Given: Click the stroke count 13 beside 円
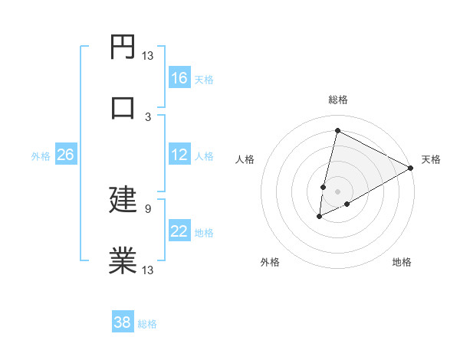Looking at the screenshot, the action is click(x=147, y=56).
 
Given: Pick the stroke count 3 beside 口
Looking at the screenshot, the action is click(x=148, y=116).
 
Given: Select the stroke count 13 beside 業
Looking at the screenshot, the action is click(x=147, y=269).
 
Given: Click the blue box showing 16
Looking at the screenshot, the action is click(x=179, y=78).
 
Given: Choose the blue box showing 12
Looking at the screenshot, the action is click(x=179, y=155).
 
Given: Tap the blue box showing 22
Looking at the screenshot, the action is click(x=179, y=232).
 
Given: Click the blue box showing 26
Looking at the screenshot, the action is click(x=65, y=155).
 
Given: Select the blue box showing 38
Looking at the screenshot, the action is click(x=123, y=322).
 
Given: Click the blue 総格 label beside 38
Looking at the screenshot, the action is click(x=147, y=324).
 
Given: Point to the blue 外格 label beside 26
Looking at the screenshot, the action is click(x=41, y=156).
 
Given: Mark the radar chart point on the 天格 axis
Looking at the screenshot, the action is click(x=411, y=169).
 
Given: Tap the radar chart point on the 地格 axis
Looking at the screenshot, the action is click(x=347, y=204).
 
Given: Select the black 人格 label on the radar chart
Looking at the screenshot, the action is click(x=245, y=159).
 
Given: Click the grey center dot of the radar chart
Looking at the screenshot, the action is click(x=337, y=191).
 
